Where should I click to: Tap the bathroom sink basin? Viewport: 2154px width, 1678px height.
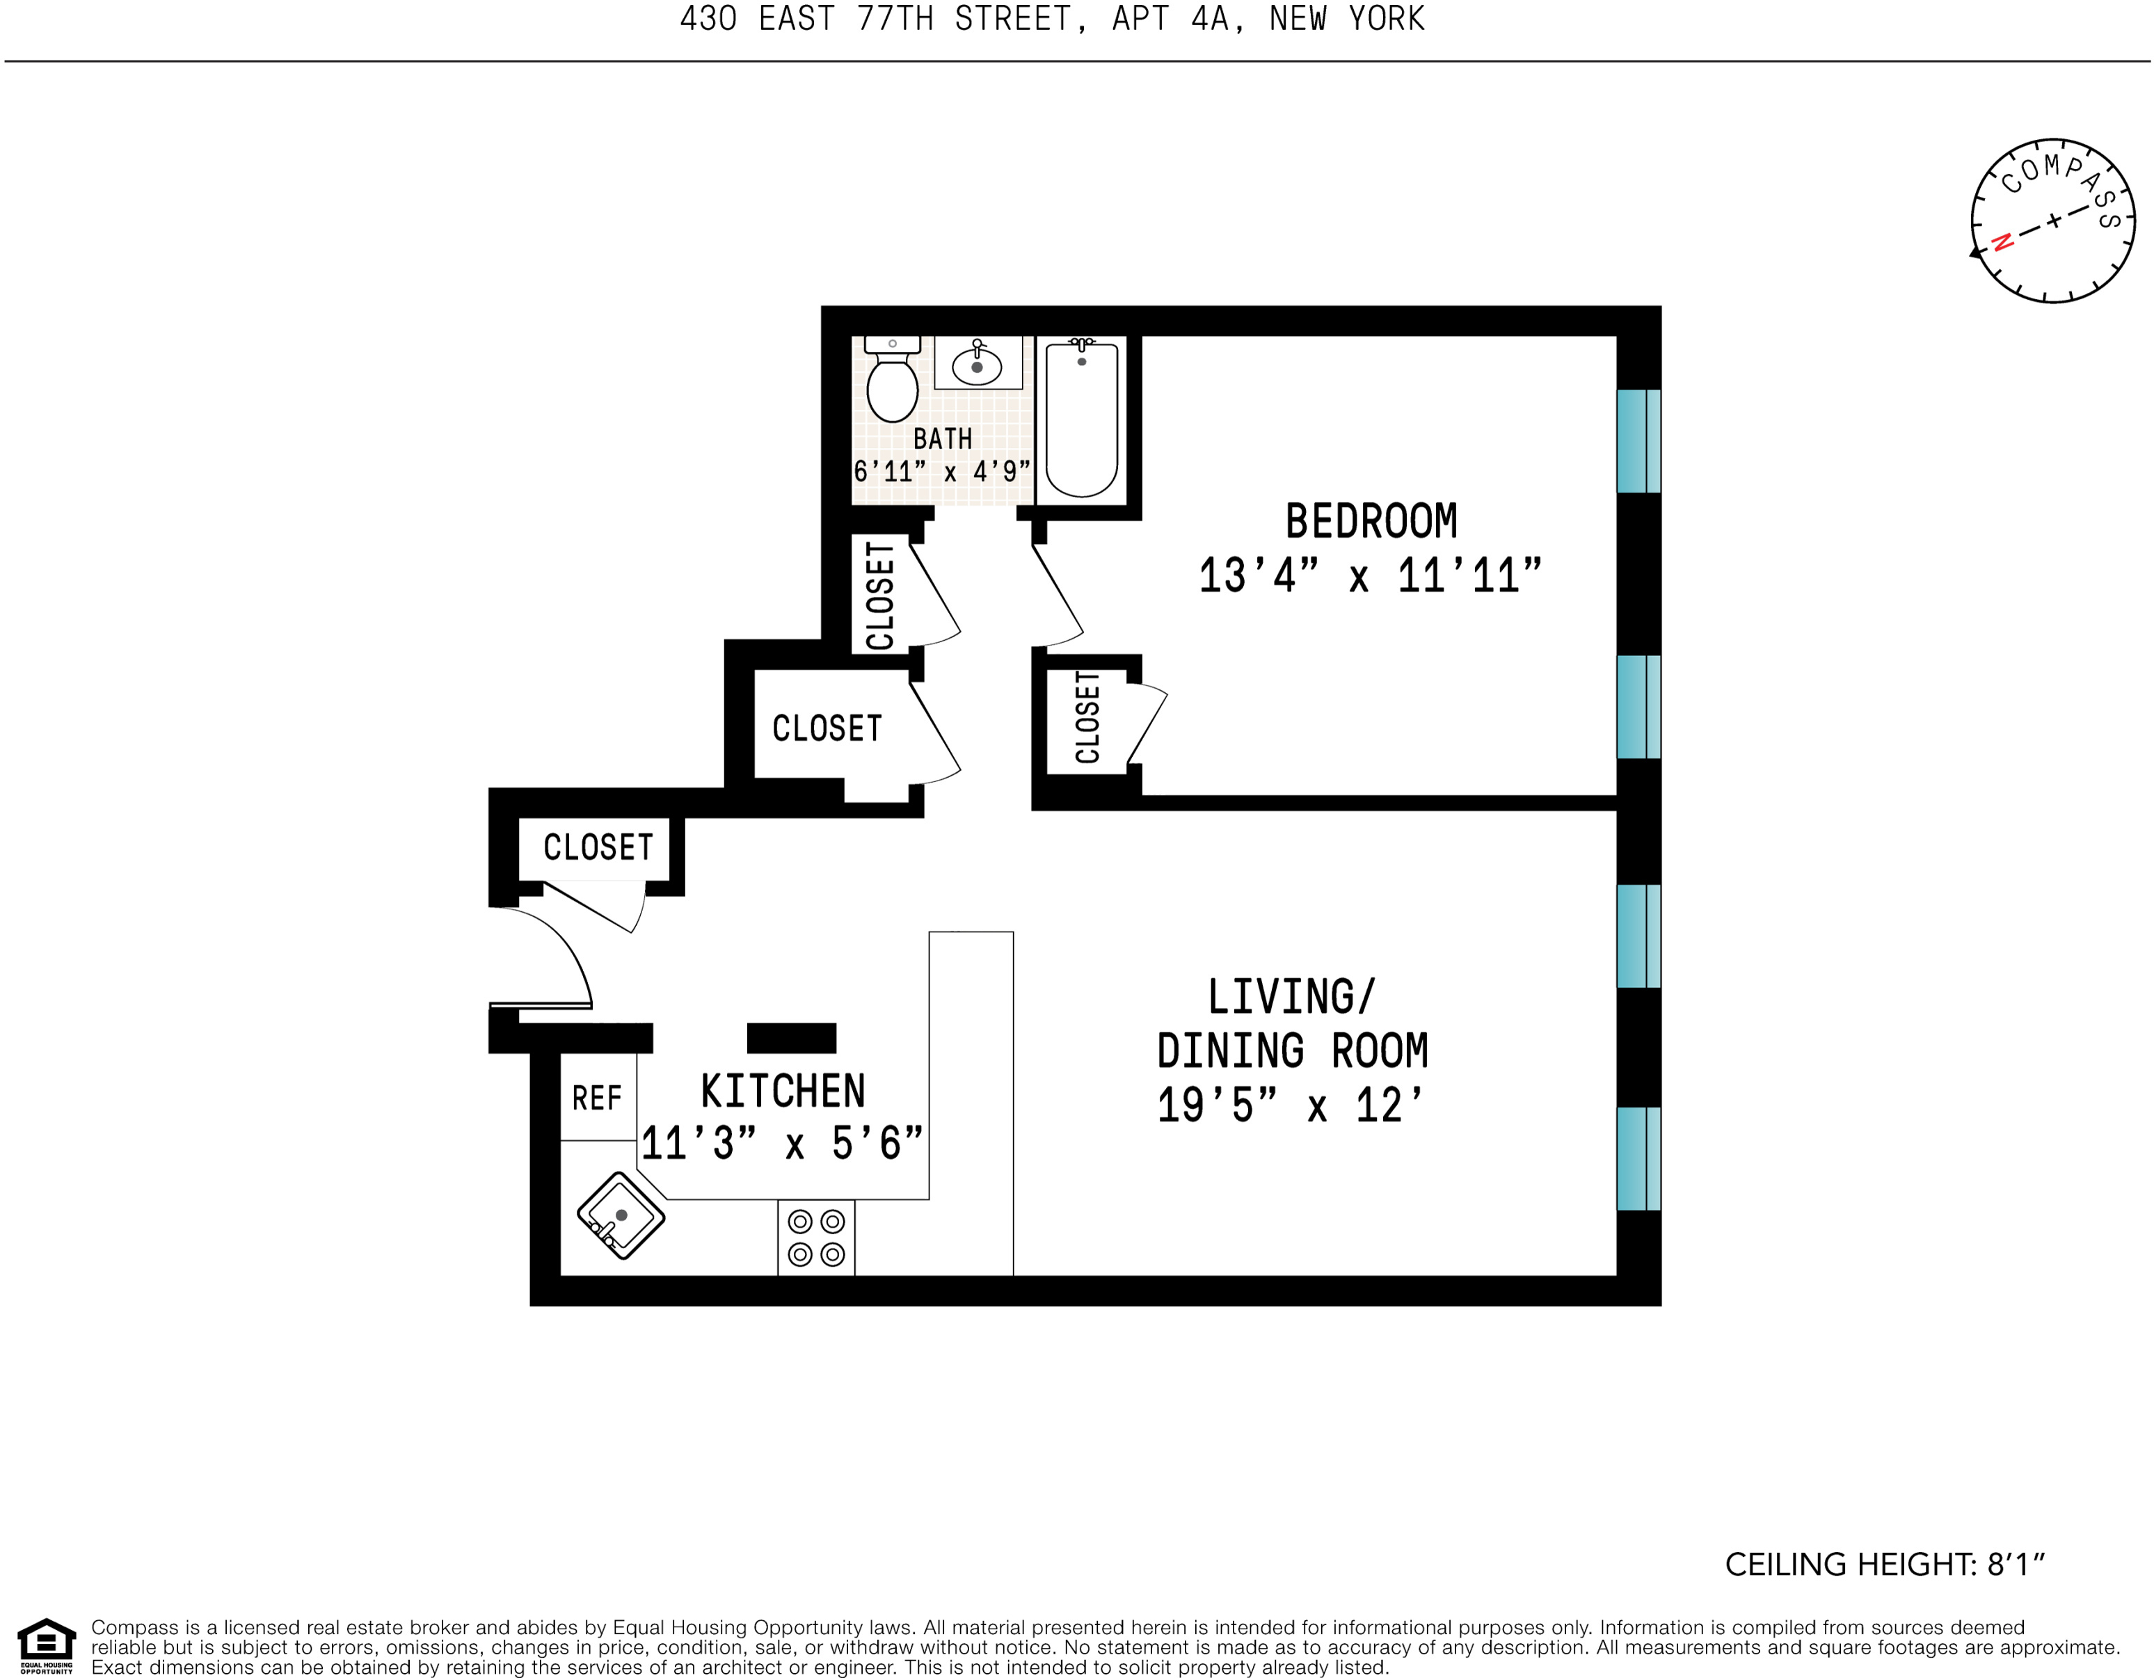click(976, 366)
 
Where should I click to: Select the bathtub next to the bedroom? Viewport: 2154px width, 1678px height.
click(1081, 419)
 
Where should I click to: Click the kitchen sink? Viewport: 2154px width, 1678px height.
click(621, 1215)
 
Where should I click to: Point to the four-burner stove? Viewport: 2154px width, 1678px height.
click(815, 1238)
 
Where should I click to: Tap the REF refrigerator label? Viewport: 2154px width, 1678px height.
click(597, 1098)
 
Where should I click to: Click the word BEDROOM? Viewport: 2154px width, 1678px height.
click(1370, 522)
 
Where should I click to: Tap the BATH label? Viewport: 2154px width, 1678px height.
click(942, 438)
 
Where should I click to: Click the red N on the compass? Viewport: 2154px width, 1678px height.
click(2002, 241)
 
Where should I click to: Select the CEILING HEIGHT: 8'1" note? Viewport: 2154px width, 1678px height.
click(1884, 1565)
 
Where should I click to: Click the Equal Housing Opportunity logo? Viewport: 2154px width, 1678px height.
click(47, 1645)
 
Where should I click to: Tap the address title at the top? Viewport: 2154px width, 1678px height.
click(1051, 19)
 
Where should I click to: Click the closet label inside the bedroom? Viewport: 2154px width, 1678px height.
click(1087, 717)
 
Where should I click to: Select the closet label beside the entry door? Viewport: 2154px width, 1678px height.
click(598, 847)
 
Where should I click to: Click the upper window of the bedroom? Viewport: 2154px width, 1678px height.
click(1638, 441)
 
